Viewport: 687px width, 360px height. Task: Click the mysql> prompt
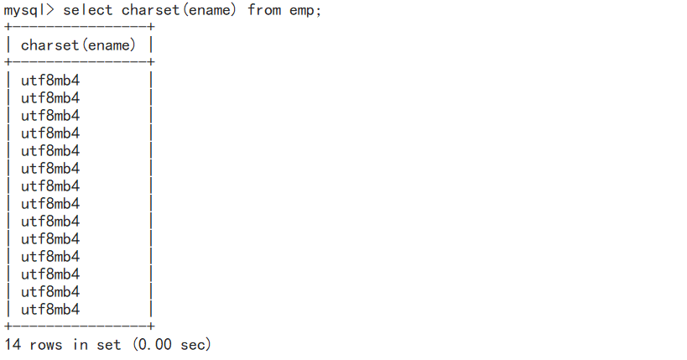coord(29,10)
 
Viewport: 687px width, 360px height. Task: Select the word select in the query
coord(88,10)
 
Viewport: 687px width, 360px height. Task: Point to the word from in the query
coord(264,10)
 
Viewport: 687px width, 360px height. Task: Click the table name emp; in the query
coord(305,10)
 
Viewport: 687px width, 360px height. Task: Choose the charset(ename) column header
coord(78,45)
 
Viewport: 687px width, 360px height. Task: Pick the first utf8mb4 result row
coord(50,81)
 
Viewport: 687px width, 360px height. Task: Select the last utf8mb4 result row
coord(50,310)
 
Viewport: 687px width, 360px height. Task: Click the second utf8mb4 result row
coord(50,98)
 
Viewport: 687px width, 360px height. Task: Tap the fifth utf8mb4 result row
coord(50,151)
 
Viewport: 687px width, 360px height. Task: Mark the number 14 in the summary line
coord(13,344)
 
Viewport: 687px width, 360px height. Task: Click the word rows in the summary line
coord(46,344)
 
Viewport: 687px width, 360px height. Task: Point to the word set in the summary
coord(108,344)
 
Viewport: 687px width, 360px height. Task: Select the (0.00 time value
coord(152,344)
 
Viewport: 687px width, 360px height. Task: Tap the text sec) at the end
coord(196,344)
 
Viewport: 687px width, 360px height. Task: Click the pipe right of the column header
coord(151,45)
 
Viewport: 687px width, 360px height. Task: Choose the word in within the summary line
coord(80,344)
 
